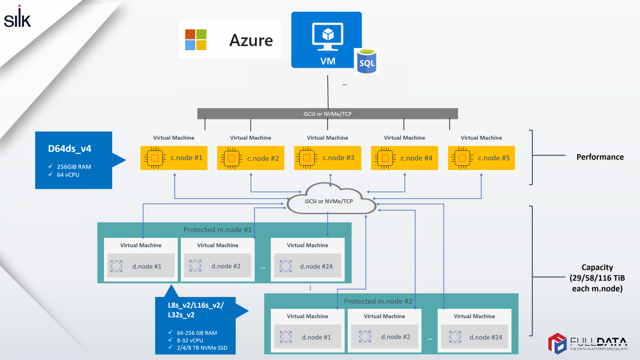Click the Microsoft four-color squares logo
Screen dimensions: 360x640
pyautogui.click(x=195, y=39)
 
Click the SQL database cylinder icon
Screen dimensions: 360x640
pyautogui.click(x=367, y=60)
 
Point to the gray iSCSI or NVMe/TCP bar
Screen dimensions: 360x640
pyautogui.click(x=327, y=114)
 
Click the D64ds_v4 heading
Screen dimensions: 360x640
pyautogui.click(x=69, y=148)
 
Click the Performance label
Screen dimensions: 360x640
pyautogui.click(x=600, y=157)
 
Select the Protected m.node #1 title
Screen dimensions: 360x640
pyautogui.click(x=218, y=230)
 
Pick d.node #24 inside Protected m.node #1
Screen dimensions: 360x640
pyautogui.click(x=308, y=266)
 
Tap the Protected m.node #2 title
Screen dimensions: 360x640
pyautogui.click(x=378, y=301)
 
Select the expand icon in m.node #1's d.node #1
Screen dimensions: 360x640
pyautogui.click(x=116, y=266)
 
